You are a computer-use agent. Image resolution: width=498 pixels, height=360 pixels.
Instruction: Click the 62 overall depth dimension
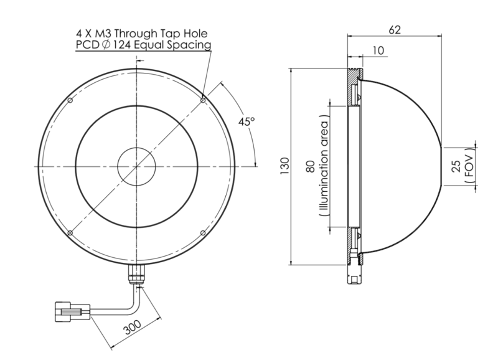tap(395, 29)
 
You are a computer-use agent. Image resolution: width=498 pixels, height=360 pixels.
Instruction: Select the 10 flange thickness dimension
tap(378, 50)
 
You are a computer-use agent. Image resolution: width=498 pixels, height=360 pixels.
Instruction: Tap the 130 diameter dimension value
tap(285, 166)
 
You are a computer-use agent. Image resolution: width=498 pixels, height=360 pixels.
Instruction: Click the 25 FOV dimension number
tap(456, 166)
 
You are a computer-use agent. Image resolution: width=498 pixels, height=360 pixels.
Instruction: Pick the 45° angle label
tap(247, 121)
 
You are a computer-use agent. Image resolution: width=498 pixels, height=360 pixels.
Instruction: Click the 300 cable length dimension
tap(133, 327)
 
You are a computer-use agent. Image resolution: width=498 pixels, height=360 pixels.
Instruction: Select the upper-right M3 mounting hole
tap(203, 100)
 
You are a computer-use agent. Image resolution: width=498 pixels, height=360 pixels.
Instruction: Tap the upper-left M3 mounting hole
tap(70, 100)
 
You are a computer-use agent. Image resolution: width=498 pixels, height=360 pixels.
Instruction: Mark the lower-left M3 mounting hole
tap(70, 233)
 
